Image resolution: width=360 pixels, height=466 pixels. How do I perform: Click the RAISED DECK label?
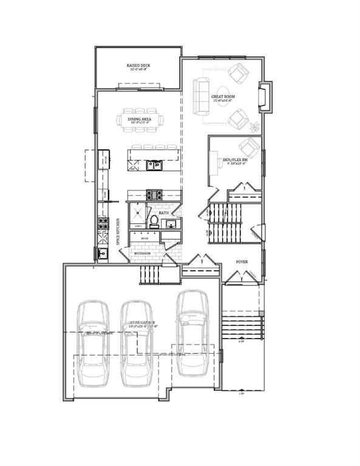(x=138, y=65)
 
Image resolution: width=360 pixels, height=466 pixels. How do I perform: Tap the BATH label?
(x=163, y=214)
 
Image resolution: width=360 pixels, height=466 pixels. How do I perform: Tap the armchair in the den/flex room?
(x=248, y=148)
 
